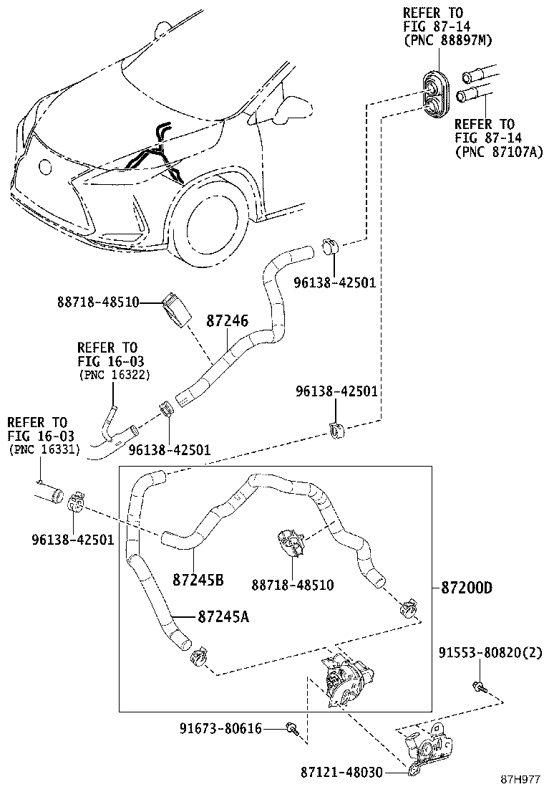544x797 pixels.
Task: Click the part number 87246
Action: click(x=228, y=320)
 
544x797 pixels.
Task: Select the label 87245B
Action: click(x=198, y=579)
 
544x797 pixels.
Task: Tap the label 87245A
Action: click(x=223, y=616)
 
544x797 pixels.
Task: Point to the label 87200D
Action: click(x=467, y=588)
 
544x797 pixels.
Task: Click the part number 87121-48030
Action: click(x=341, y=773)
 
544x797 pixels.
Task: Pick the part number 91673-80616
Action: click(x=220, y=729)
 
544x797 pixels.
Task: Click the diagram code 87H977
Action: click(x=520, y=779)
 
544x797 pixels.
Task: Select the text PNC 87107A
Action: click(x=500, y=151)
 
